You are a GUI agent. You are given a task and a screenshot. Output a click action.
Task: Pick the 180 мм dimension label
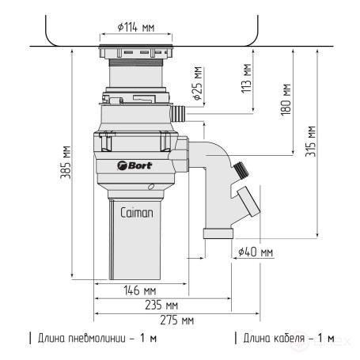[286, 101]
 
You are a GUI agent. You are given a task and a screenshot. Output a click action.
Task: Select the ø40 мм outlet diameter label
[255, 252]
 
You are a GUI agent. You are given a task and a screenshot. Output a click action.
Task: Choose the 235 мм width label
[161, 305]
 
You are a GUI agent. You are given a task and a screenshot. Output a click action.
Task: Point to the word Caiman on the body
[137, 213]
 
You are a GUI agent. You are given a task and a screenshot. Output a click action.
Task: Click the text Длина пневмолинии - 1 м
[93, 339]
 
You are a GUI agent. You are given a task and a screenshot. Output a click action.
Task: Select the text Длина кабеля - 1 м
[284, 339]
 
